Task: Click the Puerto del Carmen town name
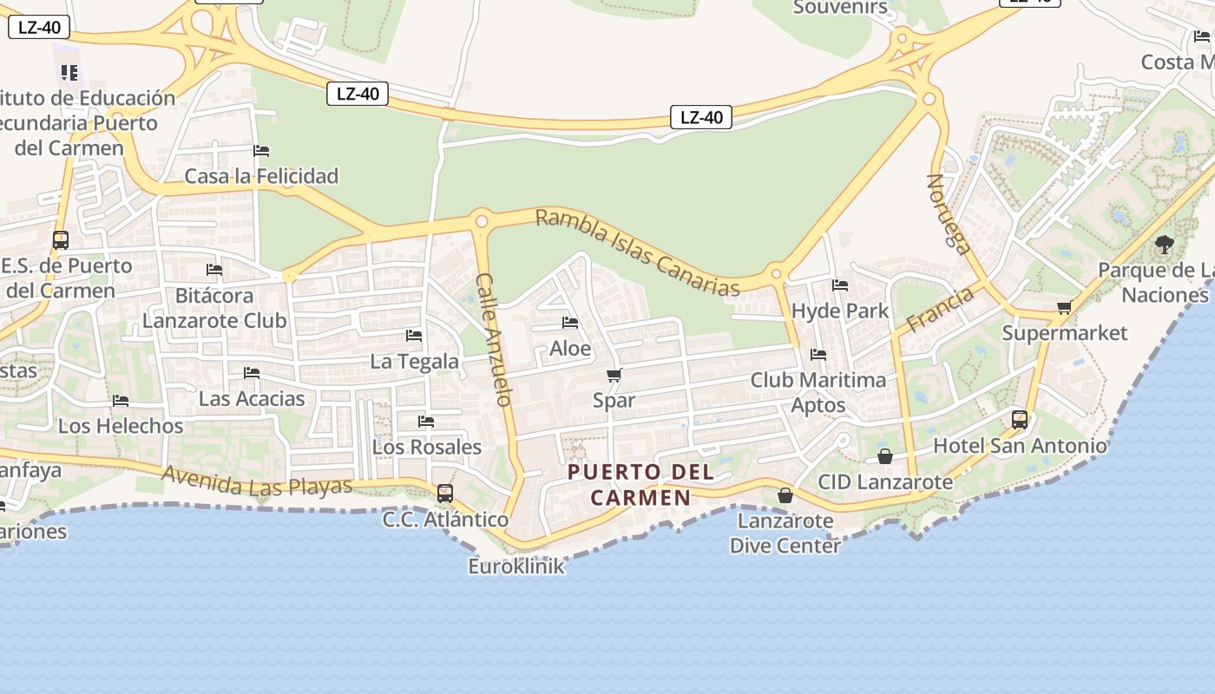[x=641, y=485]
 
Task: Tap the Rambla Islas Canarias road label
[x=638, y=252]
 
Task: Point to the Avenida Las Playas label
[x=257, y=481]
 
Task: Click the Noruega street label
[x=948, y=213]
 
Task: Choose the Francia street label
[x=940, y=310]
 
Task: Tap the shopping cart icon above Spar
[x=614, y=376]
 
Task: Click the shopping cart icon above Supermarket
[x=1065, y=307]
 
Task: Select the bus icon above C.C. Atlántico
[x=445, y=493]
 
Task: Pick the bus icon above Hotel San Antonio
[x=1020, y=420]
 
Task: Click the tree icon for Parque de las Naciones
[x=1165, y=245]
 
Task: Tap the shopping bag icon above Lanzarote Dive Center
[x=785, y=495]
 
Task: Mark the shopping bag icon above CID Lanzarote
[x=885, y=455]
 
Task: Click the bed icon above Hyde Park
[x=840, y=285]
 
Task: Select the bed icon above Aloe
[x=570, y=323]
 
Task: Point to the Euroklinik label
[x=516, y=566]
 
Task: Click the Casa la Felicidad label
[x=261, y=176]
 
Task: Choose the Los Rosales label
[x=426, y=447]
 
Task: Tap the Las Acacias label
[x=252, y=399]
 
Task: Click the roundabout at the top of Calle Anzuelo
[x=481, y=220]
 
